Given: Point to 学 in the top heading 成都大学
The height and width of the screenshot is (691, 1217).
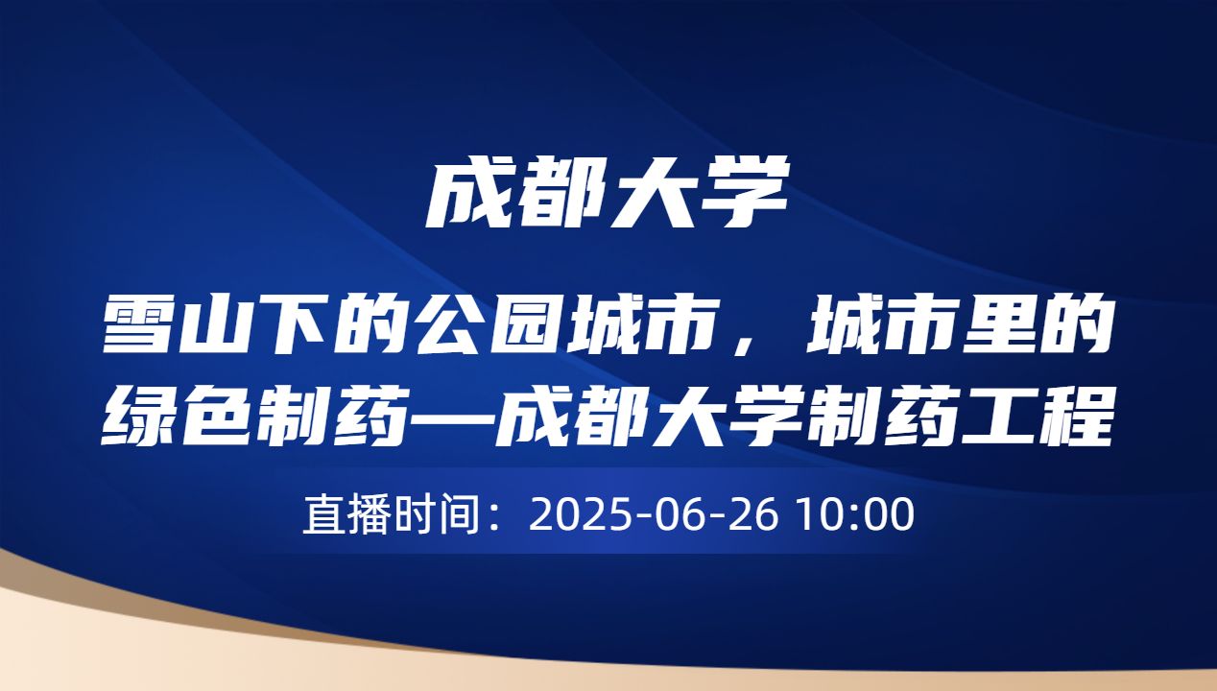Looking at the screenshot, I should (750, 194).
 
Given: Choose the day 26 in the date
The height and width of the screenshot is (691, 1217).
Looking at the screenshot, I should (761, 515).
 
